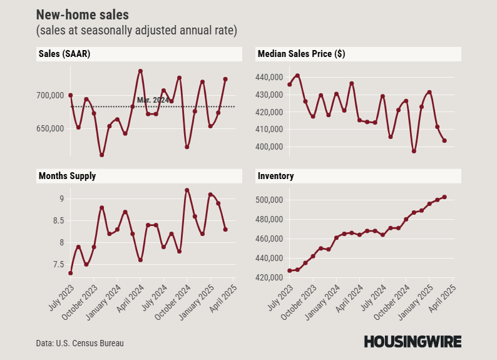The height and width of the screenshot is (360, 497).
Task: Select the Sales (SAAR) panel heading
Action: pos(63,54)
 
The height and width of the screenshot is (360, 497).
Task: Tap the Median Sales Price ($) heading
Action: pos(301,54)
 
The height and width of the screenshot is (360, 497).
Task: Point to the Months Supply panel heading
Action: pos(66,176)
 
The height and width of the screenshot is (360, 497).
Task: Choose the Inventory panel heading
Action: pos(275,176)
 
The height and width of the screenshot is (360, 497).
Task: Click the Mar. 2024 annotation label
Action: pos(153,100)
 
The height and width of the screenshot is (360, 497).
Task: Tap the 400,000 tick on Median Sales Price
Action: pos(270,147)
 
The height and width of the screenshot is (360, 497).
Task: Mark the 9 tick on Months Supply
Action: pos(61,199)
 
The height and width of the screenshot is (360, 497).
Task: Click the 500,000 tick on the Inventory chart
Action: pos(270,200)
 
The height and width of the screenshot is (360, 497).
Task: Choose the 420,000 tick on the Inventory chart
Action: pos(270,277)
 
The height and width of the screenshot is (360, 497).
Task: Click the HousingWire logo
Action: pos(412,342)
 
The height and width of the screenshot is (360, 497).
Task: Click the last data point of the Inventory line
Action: pos(444,197)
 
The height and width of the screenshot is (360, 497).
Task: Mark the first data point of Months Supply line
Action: pos(71,273)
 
